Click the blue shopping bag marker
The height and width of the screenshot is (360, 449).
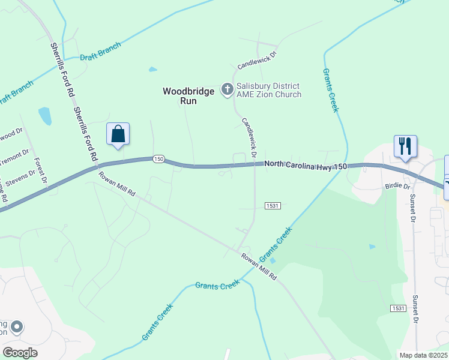[118, 134]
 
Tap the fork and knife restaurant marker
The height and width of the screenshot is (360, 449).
[406, 146]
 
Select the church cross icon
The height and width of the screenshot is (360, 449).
[228, 90]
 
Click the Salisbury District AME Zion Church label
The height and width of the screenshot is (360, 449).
[268, 90]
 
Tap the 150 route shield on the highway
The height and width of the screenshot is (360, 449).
[158, 158]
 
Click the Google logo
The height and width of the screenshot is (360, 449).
[20, 353]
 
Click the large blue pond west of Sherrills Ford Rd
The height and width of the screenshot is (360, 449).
[44, 115]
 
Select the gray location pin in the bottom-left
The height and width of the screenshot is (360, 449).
[17, 327]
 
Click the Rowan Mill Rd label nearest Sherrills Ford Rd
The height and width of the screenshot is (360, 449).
[117, 184]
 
